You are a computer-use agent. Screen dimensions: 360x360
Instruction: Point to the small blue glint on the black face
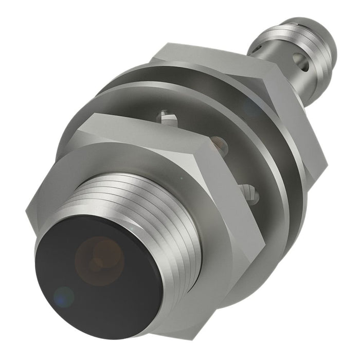64,296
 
